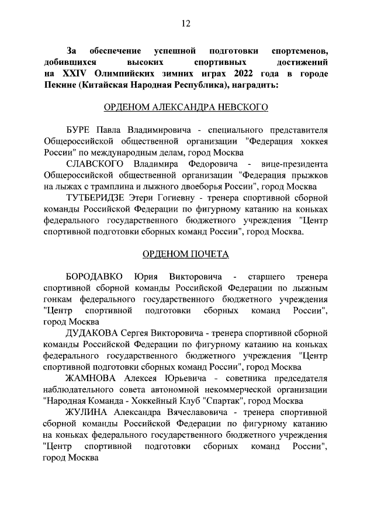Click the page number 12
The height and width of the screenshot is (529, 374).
coord(186,23)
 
